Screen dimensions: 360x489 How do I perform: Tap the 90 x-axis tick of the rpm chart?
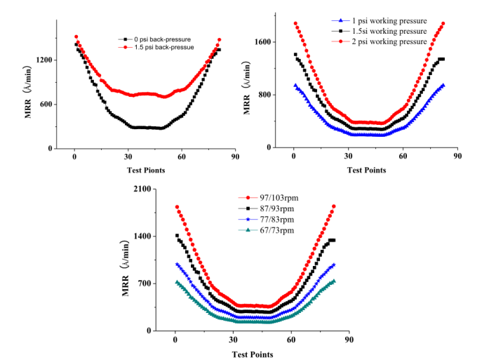(x=348, y=340)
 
